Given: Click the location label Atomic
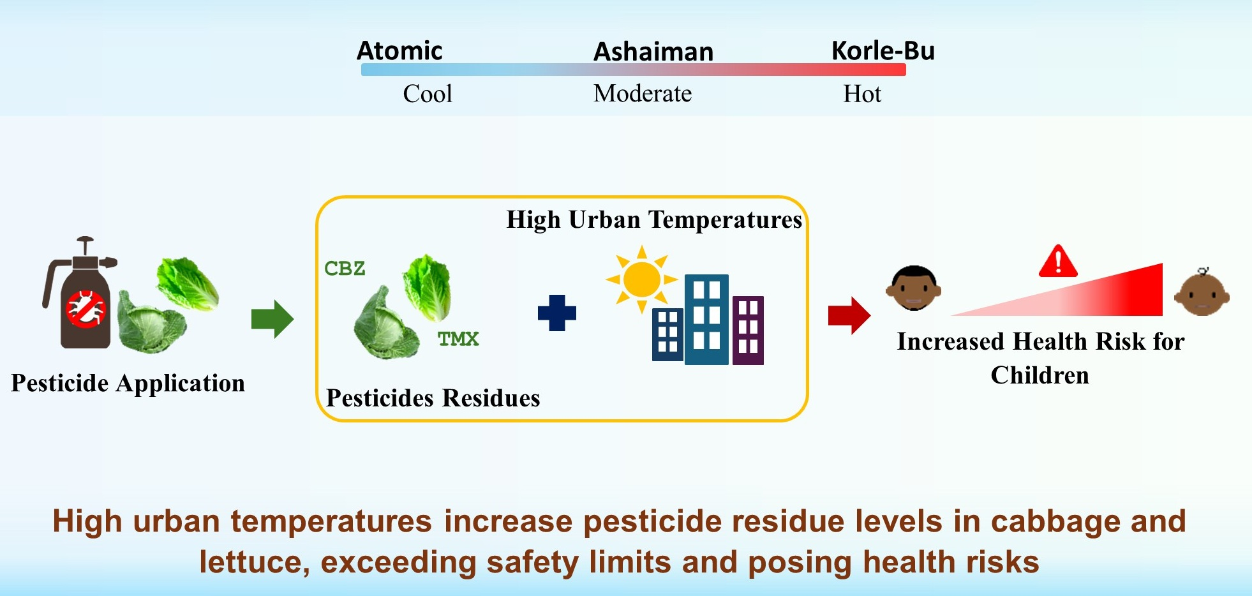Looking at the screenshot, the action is pos(399,50).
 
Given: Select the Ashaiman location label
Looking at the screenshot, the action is pos(653,52).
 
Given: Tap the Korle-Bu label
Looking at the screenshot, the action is pos(883,50).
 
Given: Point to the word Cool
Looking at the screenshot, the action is pos(428,94).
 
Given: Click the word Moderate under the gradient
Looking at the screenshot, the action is pos(643,94).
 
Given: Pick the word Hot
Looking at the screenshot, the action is pos(862,94).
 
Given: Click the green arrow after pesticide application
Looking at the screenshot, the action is pos(272,318).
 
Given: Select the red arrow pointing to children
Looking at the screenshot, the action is pos(849,315).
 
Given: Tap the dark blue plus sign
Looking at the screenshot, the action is pos(557,313).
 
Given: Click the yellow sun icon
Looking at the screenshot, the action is pos(641,279).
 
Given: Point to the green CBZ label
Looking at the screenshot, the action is pos(345,268).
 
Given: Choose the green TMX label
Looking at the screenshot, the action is pos(458,338).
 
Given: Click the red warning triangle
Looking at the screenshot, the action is pos(1058,261).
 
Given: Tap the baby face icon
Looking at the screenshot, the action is pos(1202,293).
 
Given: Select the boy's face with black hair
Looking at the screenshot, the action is pos(914,288).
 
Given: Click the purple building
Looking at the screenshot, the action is pos(749,331).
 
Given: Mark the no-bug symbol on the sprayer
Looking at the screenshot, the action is pos(86,309).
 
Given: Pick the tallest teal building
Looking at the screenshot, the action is pos(706,319).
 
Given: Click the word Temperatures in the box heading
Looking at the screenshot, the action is pos(725,220).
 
